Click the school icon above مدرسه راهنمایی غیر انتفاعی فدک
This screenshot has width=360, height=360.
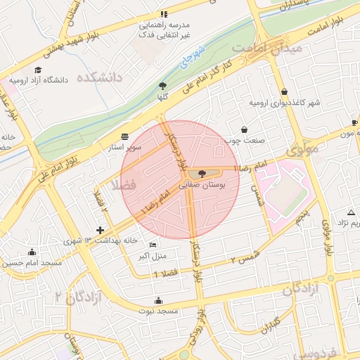[x=164, y=14]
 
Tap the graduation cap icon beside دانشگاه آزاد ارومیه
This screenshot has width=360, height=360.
[x=38, y=70]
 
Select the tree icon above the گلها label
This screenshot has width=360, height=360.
[x=163, y=85]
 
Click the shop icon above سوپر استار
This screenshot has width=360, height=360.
[x=125, y=136]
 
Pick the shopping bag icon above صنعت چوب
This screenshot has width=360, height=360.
[x=244, y=129]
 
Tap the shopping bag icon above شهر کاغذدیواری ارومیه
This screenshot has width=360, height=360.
[x=284, y=92]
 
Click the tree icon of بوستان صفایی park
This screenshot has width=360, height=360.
[x=202, y=173]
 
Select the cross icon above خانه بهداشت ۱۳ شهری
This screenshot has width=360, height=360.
[x=100, y=230]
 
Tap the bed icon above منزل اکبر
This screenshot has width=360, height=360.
[x=153, y=245]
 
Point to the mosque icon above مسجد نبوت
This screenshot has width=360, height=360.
[x=157, y=300]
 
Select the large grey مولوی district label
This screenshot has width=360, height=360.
[x=303, y=149]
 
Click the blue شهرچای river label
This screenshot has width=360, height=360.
[x=189, y=58]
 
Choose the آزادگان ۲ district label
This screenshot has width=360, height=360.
[x=79, y=297]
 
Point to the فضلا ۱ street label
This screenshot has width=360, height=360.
[x=166, y=273]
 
